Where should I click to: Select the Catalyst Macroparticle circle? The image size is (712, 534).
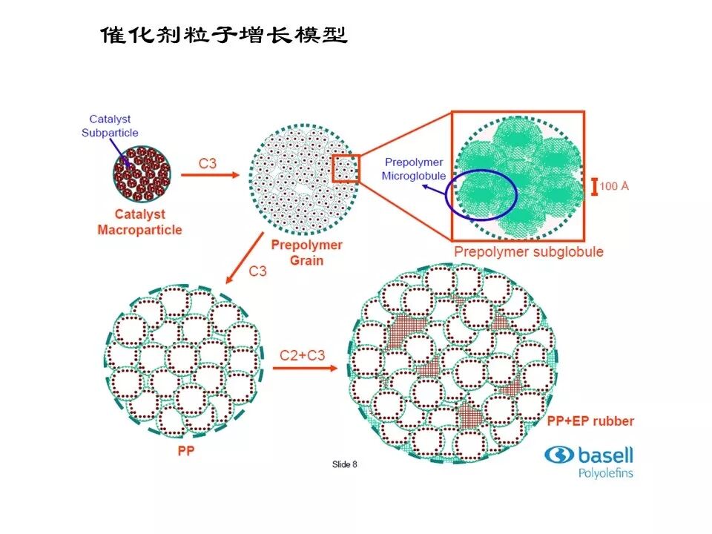142,175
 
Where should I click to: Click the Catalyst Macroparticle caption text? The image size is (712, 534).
139,222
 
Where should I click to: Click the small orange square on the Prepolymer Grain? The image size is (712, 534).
345,168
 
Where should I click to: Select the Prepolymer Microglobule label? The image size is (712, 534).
413,169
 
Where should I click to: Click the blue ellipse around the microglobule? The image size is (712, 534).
481,195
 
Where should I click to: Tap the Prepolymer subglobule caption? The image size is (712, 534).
528,251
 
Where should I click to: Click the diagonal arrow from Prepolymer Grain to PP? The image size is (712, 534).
245,257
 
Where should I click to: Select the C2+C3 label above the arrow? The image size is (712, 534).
302,355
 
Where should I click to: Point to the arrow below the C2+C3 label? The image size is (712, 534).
304,369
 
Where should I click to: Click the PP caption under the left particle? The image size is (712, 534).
185,451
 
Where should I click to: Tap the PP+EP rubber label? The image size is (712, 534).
590,421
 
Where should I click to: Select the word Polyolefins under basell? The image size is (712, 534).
605,472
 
